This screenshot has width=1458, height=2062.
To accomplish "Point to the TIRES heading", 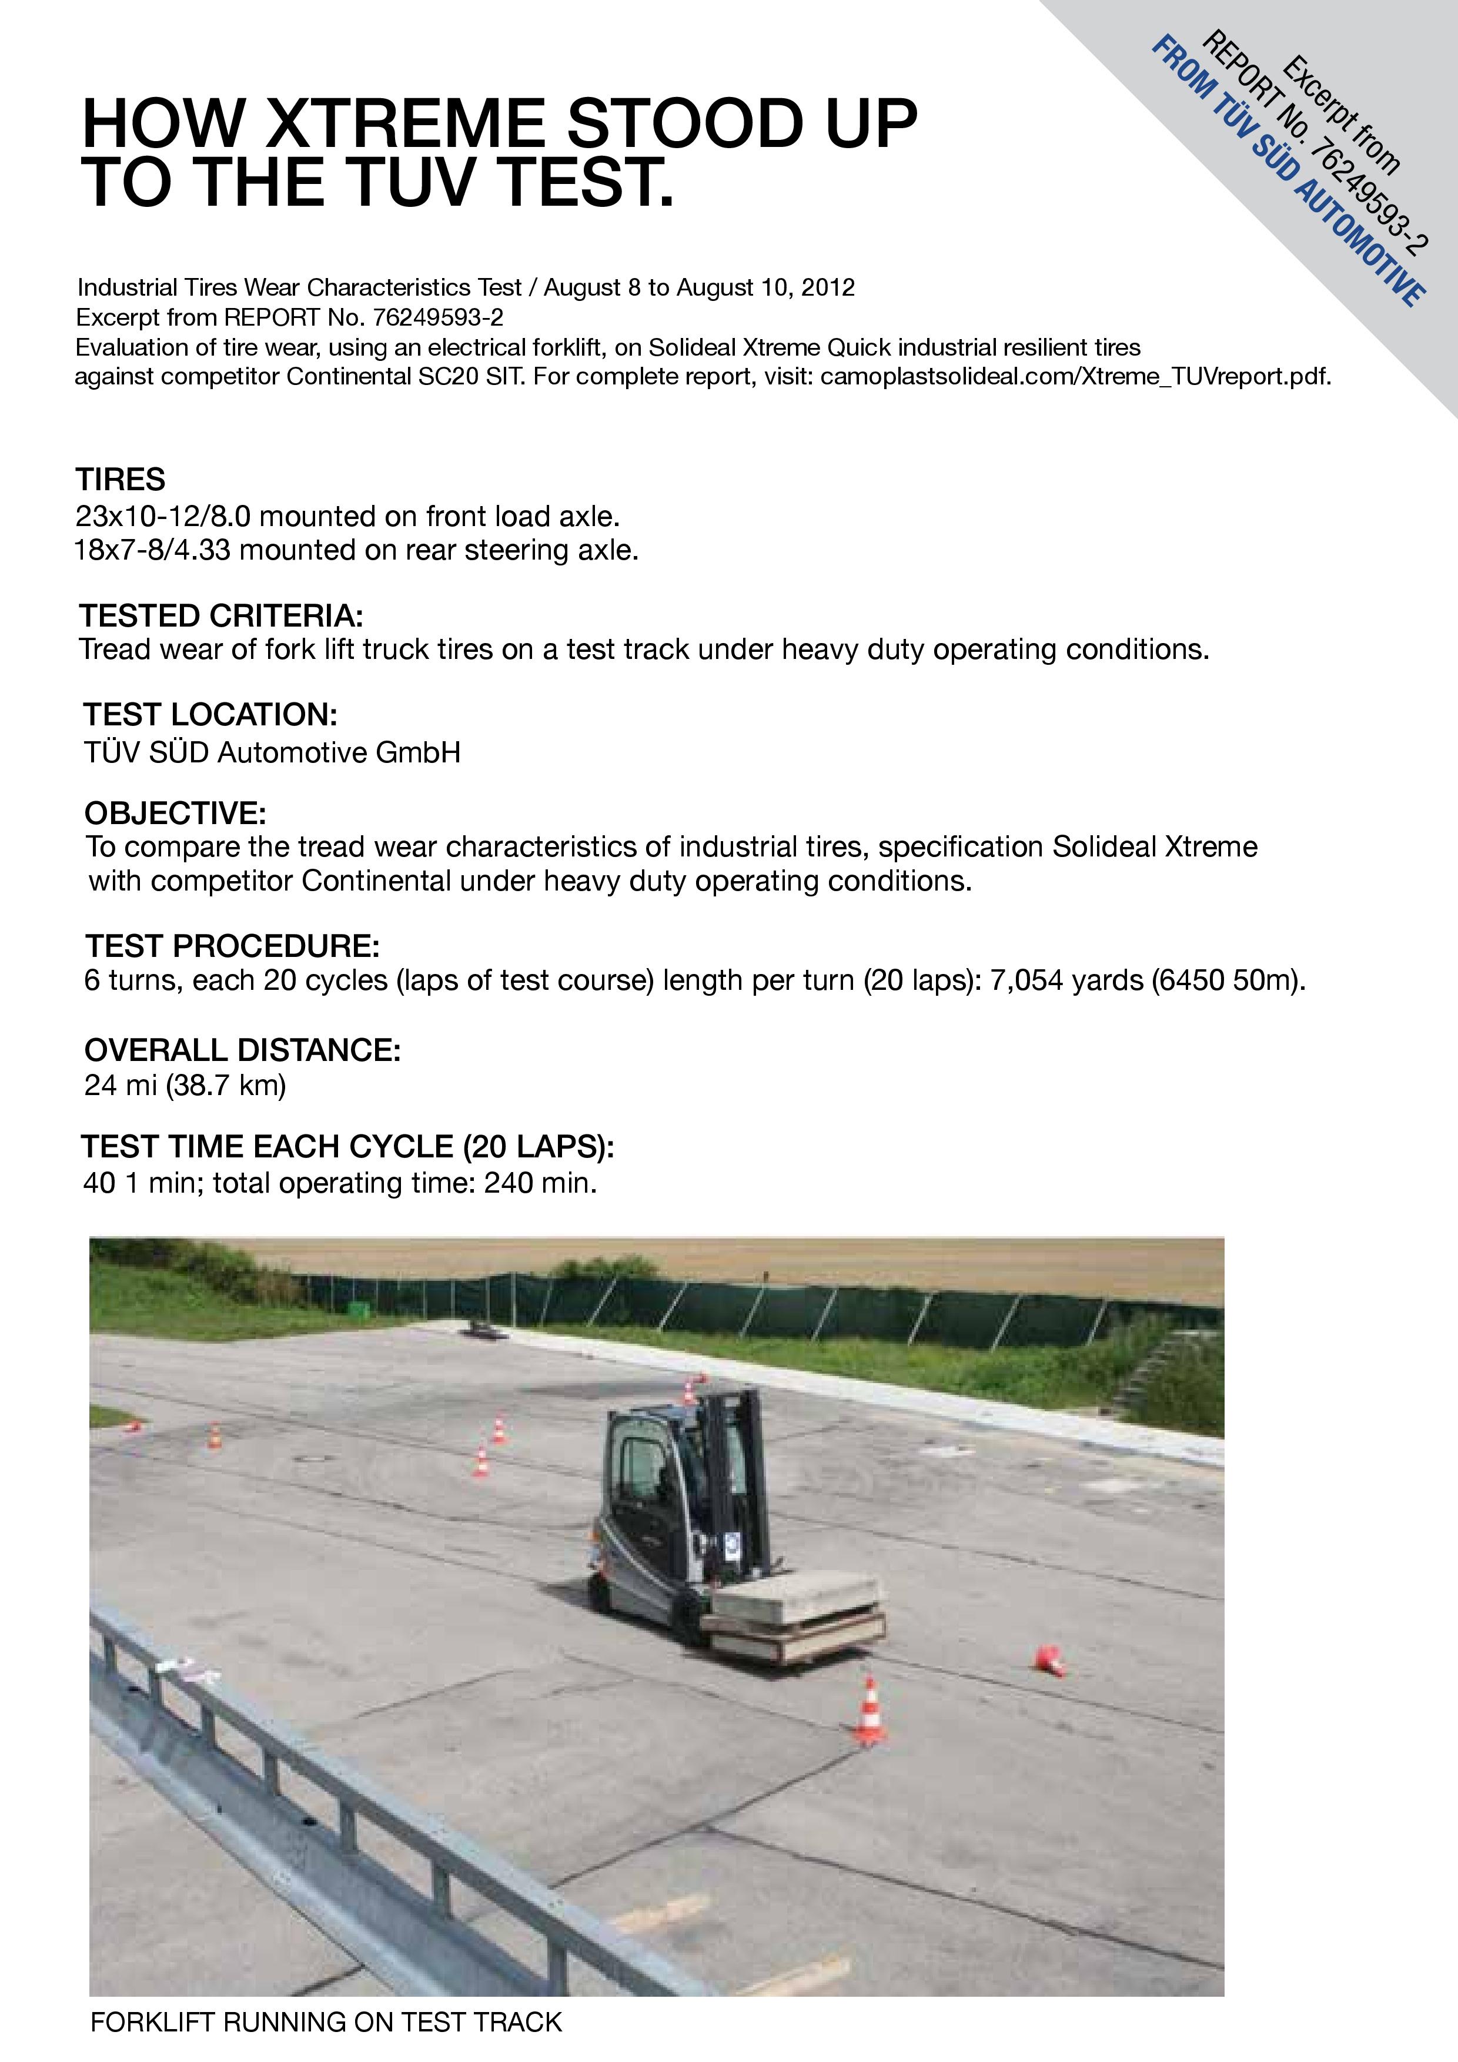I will tap(121, 480).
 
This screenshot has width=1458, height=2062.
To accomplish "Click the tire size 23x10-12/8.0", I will tap(163, 517).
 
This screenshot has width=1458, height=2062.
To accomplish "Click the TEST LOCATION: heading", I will tap(210, 715).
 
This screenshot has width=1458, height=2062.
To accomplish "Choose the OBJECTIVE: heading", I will tap(175, 814).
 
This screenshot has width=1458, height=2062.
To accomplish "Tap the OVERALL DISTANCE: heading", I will tap(243, 1050).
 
